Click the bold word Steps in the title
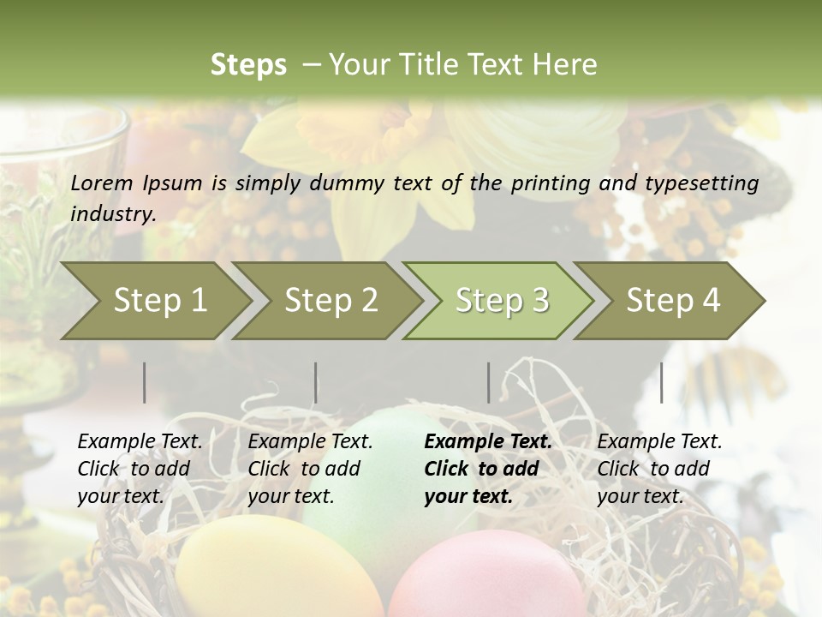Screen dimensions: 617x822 pos(248,64)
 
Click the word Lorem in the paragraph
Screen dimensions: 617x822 pos(102,183)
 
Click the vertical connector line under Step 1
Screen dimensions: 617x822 pos(145,382)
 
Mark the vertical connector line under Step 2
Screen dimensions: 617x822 pos(316,382)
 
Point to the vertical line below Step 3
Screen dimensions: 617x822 pos(489,382)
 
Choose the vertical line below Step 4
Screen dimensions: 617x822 pos(661,382)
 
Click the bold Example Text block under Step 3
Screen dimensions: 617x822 pos(487,469)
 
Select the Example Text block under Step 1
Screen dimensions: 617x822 pos(140,469)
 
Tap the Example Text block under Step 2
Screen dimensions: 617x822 pos(310,469)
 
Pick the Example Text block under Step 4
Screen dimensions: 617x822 pos(659,469)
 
